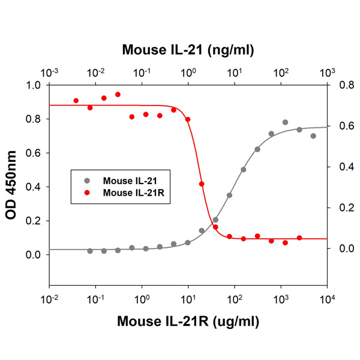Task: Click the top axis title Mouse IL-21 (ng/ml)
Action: click(x=188, y=49)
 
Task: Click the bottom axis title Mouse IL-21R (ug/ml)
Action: click(x=188, y=321)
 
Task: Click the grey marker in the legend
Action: click(x=86, y=180)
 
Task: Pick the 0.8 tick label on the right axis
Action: click(x=339, y=85)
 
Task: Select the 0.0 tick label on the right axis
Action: click(x=339, y=248)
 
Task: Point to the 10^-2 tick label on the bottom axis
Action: click(x=49, y=298)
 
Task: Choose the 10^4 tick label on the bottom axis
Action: click(x=327, y=298)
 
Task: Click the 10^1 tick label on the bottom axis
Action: click(x=188, y=298)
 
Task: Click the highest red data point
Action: click(x=118, y=94)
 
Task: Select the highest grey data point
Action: click(x=286, y=122)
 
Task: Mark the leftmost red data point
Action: click(x=76, y=101)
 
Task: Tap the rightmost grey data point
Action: click(x=313, y=136)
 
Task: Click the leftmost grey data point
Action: click(x=90, y=251)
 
